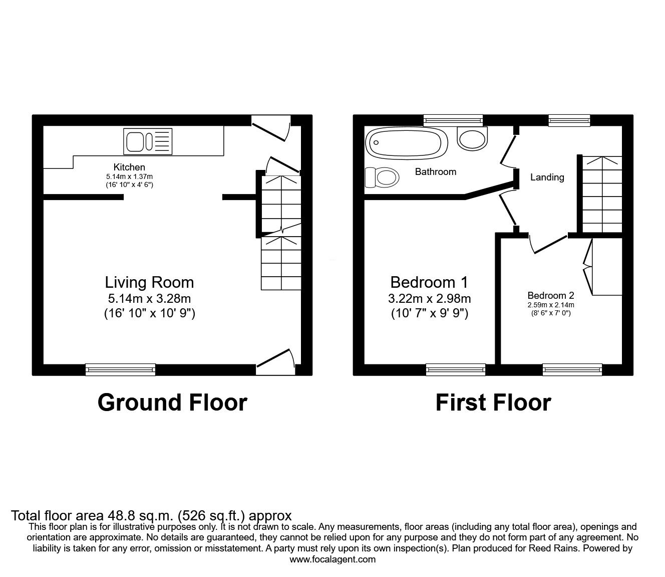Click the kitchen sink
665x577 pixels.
(148, 141)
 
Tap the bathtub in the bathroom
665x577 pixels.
(406, 143)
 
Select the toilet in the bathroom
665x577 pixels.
(382, 177)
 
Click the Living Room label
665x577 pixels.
(150, 283)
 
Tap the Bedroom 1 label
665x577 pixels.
(429, 283)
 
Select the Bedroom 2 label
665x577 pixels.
(551, 295)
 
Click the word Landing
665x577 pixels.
(547, 177)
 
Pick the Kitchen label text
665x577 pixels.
(129, 167)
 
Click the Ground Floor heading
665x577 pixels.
(172, 403)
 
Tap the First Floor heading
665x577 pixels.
(493, 403)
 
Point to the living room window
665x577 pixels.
(120, 369)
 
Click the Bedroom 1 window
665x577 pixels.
(456, 369)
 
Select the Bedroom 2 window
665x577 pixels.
(572, 369)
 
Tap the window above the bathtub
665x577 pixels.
(453, 120)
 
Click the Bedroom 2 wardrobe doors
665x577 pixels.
(588, 267)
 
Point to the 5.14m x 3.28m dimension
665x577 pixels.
(150, 299)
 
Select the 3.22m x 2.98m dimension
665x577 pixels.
(429, 299)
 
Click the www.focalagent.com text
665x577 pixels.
(332, 559)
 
